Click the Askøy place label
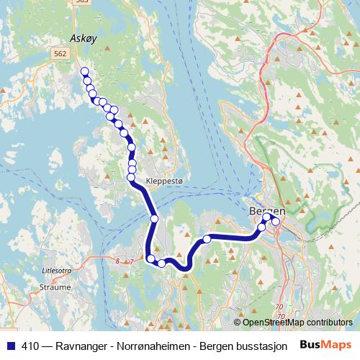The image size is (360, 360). tap(83, 38)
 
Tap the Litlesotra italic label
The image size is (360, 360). tap(58, 272)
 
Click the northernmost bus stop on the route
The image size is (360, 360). tap(84, 71)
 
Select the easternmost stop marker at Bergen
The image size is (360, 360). tap(275, 222)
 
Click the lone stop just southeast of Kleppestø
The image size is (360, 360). tap(154, 218)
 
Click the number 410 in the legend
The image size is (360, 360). tap(31, 344)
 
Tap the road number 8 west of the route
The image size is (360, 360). tap(117, 261)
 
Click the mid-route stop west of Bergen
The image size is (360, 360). tap(207, 239)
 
